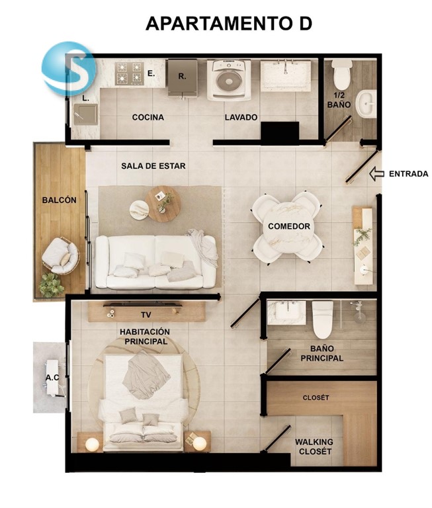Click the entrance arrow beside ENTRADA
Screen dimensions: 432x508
[377, 174]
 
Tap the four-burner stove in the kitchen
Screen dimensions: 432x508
[129, 73]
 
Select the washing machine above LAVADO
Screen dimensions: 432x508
[232, 79]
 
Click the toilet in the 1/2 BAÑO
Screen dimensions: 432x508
[342, 75]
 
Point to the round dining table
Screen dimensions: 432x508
[288, 228]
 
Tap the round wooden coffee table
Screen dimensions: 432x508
[163, 204]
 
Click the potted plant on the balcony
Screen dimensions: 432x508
[51, 285]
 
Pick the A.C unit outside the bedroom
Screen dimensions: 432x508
[52, 378]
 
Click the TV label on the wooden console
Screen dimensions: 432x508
[146, 315]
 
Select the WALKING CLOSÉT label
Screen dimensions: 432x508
[314, 446]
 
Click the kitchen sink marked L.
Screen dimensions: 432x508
[85, 115]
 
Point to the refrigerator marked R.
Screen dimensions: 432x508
[182, 78]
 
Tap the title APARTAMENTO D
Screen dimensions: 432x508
[229, 23]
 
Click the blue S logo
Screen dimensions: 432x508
[69, 69]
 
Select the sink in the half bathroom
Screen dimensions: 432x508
[367, 104]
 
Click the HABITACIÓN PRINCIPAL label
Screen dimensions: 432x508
[144, 337]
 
